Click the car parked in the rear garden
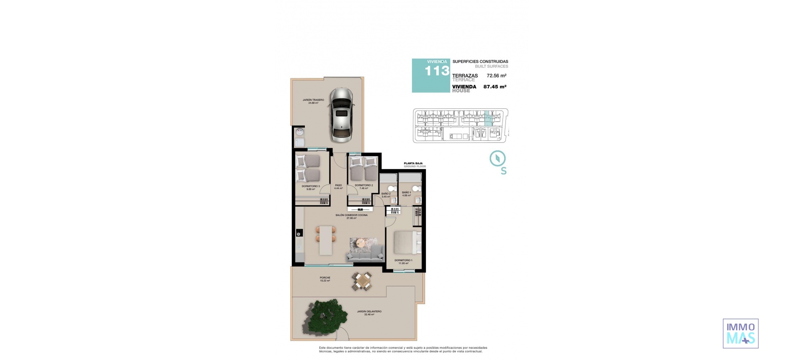tap(343, 115)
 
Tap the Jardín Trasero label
tap(313, 101)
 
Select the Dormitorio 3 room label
tap(310, 187)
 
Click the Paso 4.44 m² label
tap(338, 187)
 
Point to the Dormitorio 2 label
tap(363, 186)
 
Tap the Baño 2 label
tap(386, 195)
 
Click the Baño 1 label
tap(406, 194)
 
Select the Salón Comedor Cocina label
tap(351, 216)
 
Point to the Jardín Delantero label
tap(369, 313)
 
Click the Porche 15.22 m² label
tap(325, 279)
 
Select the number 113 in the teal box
tap(436, 71)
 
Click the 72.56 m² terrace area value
tap(496, 76)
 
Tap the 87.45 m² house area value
tap(495, 87)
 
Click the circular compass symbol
tap(497, 159)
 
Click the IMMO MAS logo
tap(740, 333)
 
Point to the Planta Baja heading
tap(413, 163)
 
